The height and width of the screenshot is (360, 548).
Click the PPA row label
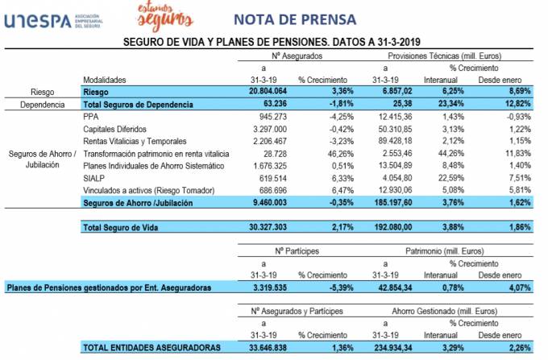90,117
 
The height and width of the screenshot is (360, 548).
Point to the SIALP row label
93,177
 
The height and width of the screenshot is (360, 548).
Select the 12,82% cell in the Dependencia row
513,105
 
